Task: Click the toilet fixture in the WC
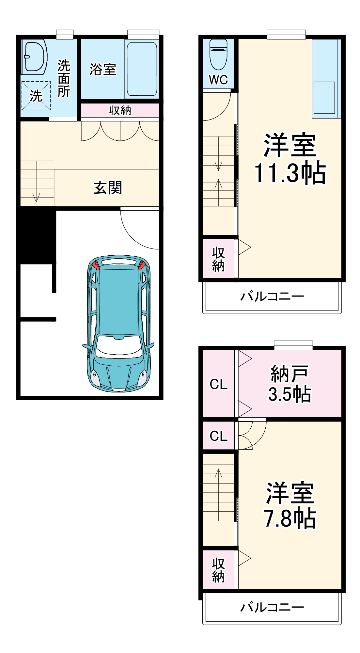pos(218,55)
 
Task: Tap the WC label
pos(218,80)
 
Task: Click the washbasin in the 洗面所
pos(35,57)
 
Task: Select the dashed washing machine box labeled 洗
pos(36,96)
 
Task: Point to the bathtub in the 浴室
pos(142,69)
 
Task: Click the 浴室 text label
pos(103,69)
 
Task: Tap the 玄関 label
pos(108,188)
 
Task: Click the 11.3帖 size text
pos(290,173)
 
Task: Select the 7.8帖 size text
pos(290,518)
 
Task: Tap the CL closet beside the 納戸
pos(218,384)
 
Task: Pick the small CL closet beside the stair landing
pos(218,436)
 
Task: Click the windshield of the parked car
pos(119,346)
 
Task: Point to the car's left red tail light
pos(96,265)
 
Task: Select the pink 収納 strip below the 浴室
pos(120,110)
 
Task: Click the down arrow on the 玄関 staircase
pos(36,197)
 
